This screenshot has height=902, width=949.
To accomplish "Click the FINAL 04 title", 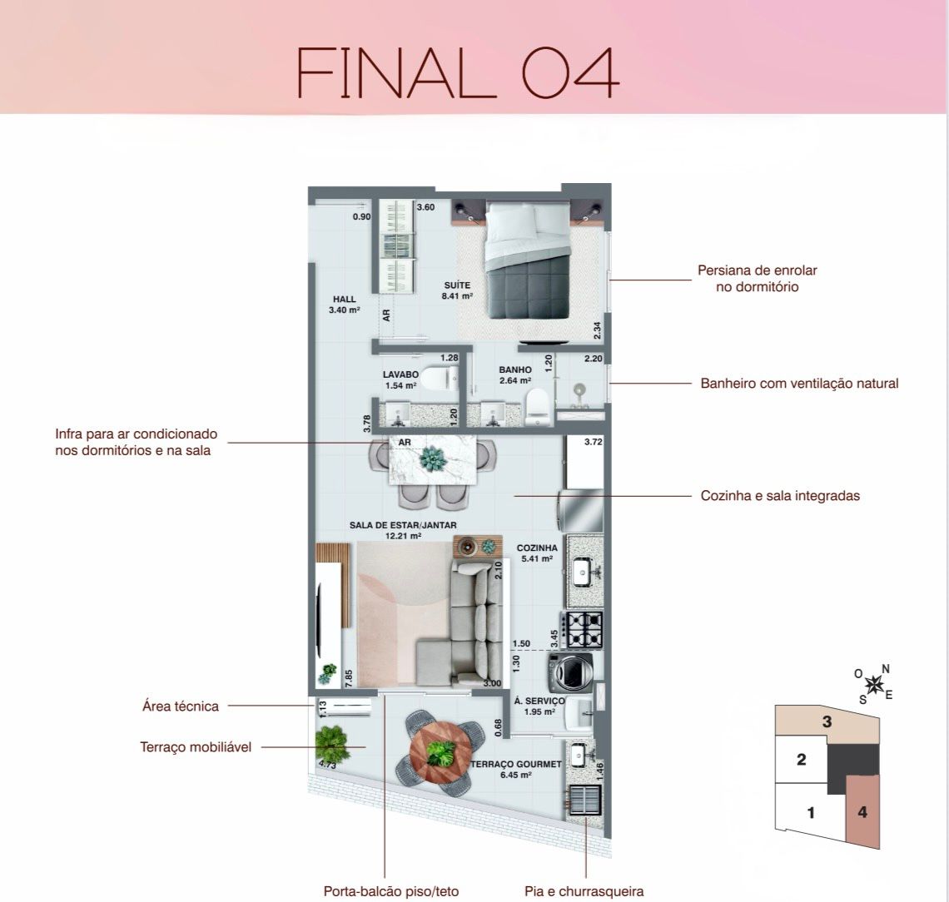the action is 458,73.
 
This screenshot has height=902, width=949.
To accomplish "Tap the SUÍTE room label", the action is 457,285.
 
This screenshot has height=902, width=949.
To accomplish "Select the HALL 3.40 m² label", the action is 345,305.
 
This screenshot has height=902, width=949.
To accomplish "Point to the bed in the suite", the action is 528,260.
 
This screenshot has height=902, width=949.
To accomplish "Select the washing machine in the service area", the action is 570,672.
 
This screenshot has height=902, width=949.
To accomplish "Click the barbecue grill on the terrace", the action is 584,801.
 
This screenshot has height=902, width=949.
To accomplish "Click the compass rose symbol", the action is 873,684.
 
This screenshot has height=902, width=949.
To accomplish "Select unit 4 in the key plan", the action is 862,811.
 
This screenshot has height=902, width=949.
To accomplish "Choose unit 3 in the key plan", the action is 827,721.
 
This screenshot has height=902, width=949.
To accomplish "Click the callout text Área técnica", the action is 181,706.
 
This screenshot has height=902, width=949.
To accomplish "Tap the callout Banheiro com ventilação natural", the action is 799,383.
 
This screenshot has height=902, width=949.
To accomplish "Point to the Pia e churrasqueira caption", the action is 584,891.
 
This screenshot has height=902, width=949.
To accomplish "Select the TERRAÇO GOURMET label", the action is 516,764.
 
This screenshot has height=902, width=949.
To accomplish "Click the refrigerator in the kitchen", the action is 582,511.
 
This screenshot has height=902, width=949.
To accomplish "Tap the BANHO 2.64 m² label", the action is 515,375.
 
